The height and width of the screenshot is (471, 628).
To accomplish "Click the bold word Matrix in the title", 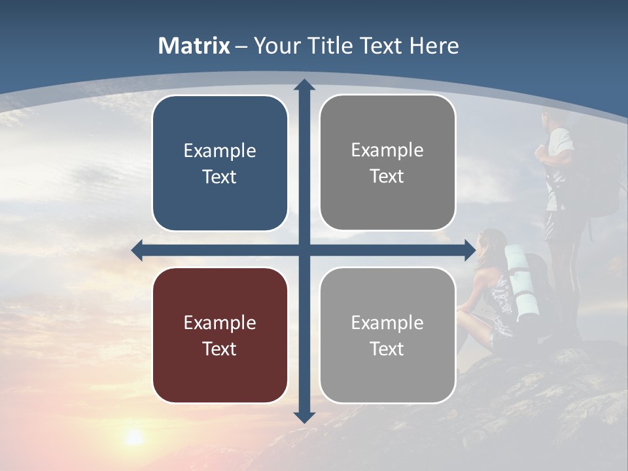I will click(194, 46).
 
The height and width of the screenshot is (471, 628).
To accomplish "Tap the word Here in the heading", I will click(434, 46).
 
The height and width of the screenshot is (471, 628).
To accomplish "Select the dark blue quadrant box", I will click(220, 164).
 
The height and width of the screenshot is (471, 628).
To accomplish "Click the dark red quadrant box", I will click(220, 336).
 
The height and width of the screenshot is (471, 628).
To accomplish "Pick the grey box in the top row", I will click(387, 163).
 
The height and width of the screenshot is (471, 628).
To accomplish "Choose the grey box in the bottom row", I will click(387, 336).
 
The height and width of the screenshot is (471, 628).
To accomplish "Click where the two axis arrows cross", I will click(304, 250).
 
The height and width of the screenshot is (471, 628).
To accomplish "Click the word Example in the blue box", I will click(220, 151).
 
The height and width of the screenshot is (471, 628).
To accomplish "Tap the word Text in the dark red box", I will click(220, 349).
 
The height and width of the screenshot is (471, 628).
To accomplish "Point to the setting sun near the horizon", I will click(134, 436).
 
